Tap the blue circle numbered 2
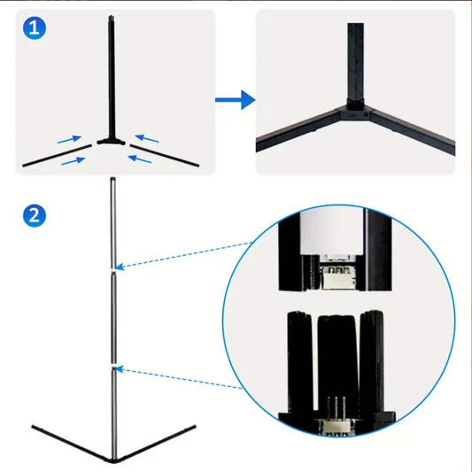click(34, 215)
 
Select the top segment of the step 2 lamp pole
click(112, 221)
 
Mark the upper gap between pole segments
click(112, 268)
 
